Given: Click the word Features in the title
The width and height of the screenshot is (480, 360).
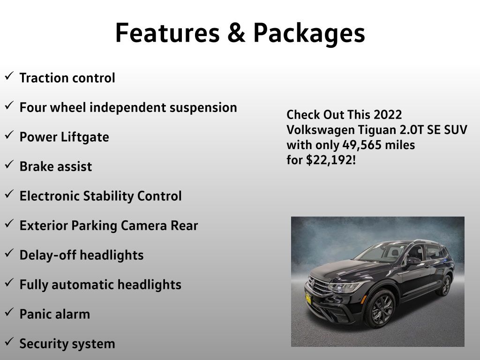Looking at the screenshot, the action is coord(167,32).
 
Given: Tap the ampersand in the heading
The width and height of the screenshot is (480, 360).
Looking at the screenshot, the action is coord(236,32).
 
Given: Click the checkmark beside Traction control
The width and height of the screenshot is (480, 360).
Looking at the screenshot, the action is coord(9,75).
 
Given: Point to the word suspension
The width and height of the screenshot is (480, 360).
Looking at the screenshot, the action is coord(203,108).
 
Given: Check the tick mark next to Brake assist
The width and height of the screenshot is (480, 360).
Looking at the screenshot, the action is coord(9,165).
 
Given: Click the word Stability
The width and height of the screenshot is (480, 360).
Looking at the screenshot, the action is coord(108,196).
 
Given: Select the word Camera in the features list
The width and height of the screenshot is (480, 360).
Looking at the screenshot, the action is coord(144,225).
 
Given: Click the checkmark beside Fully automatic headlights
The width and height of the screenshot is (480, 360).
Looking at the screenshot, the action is coord(9,283).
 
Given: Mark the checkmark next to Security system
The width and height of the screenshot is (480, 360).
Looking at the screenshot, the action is coord(9,342).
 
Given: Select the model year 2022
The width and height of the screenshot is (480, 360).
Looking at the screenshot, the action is coord(388,114).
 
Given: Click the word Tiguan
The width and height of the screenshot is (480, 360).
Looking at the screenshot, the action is coord(377,130).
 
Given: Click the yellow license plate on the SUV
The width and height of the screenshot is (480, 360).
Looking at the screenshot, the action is coord(308,299).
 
